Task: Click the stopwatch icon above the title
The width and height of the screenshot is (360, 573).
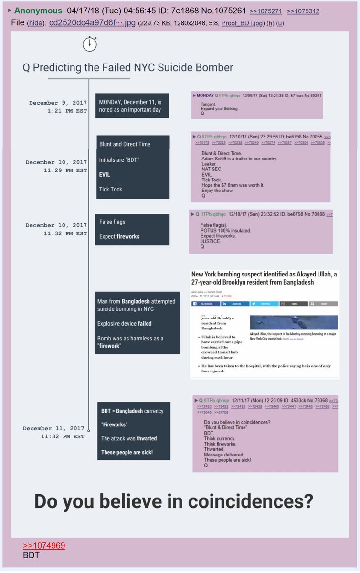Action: (x=90, y=43)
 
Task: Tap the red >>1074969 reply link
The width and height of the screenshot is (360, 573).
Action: (x=44, y=546)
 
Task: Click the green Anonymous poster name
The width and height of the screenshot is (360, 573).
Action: (x=38, y=11)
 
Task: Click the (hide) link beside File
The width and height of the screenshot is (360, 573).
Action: (x=35, y=23)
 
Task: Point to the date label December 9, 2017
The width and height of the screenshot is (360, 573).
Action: (x=58, y=103)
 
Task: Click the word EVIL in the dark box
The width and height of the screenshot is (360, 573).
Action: (x=105, y=174)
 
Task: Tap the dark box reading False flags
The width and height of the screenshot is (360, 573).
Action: (x=132, y=229)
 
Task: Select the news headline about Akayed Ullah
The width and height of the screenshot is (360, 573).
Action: (x=264, y=278)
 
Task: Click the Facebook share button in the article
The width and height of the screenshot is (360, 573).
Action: (x=206, y=304)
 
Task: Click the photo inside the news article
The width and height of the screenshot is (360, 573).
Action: (x=293, y=322)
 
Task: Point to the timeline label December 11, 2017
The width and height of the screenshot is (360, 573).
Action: (x=53, y=428)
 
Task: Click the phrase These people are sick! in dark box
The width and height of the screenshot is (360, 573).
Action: (x=127, y=452)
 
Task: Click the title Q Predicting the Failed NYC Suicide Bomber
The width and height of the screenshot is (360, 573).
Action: (x=128, y=67)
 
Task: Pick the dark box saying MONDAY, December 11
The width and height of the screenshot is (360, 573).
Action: (x=132, y=106)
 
